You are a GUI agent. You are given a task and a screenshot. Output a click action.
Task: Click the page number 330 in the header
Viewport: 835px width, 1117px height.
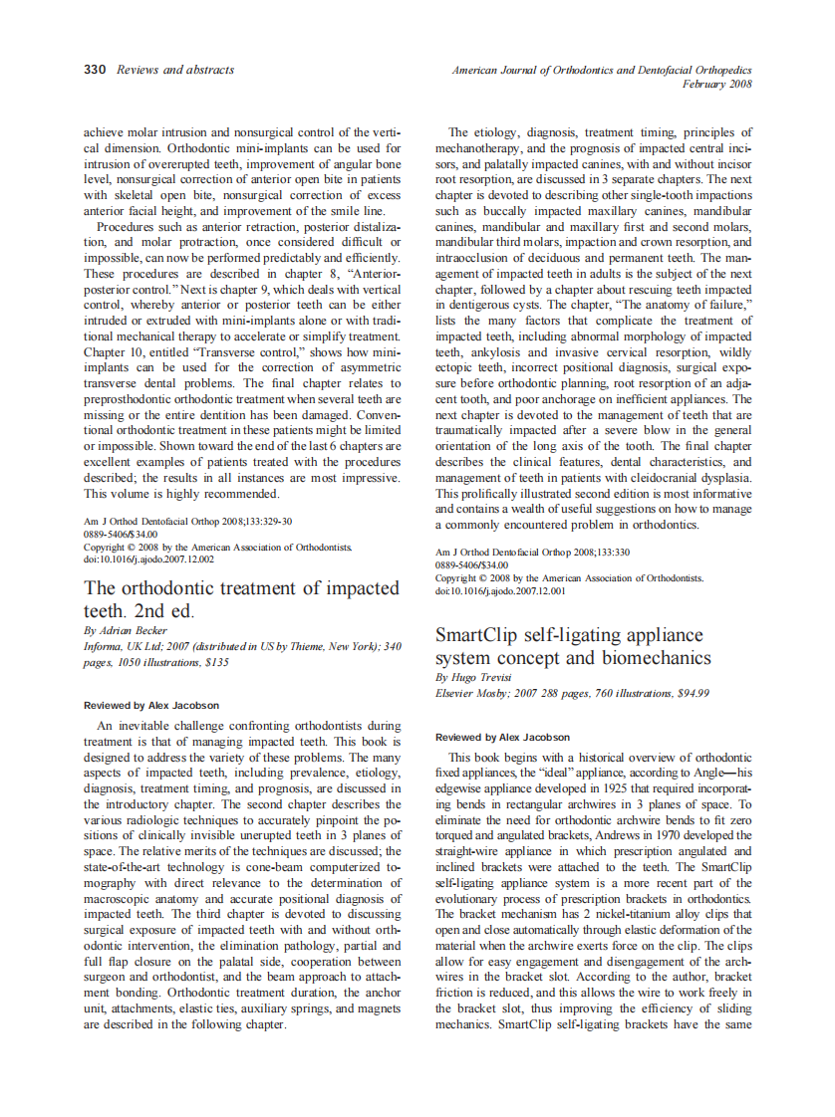94,70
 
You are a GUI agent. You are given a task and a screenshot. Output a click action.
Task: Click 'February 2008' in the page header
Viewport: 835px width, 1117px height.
716,85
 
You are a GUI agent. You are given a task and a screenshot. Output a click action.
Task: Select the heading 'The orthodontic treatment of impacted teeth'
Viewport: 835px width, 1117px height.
242,598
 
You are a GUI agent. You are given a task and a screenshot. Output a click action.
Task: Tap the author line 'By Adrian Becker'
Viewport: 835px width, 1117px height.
126,631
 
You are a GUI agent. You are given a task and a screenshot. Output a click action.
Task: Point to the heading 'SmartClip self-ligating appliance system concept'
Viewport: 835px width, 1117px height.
573,646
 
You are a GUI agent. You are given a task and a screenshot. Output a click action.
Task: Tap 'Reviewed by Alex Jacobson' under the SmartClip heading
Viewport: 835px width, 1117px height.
503,737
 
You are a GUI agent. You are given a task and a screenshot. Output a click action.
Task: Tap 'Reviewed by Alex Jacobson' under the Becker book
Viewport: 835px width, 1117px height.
151,705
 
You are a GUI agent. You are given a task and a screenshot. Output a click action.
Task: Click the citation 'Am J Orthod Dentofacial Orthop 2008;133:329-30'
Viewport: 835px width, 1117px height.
187,522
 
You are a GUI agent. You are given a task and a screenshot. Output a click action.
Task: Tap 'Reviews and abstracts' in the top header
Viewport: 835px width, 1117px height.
175,70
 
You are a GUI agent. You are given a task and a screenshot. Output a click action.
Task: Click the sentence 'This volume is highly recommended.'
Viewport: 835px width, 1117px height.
181,493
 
